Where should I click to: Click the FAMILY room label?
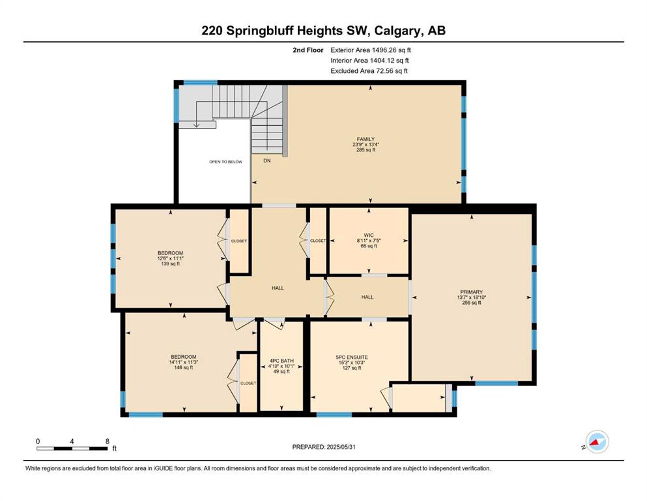pyautogui.click(x=366, y=139)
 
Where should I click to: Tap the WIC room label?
pyautogui.click(x=369, y=235)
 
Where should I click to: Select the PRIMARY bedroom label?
pyautogui.click(x=471, y=292)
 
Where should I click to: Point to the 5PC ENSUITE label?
pyautogui.click(x=352, y=357)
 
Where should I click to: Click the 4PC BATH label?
pyautogui.click(x=281, y=361)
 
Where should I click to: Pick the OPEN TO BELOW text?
pyautogui.click(x=225, y=162)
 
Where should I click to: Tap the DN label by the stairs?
pyautogui.click(x=267, y=160)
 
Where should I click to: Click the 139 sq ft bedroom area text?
pyautogui.click(x=171, y=264)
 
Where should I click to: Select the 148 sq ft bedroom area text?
pyautogui.click(x=184, y=367)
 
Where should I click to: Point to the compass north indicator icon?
pyautogui.click(x=597, y=442)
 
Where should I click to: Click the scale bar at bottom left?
pyautogui.click(x=72, y=448)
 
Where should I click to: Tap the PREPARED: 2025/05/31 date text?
pyautogui.click(x=323, y=447)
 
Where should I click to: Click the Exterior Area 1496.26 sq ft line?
pyautogui.click(x=371, y=50)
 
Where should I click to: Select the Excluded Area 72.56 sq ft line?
pyautogui.click(x=369, y=71)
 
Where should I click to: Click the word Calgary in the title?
pyautogui.click(x=397, y=31)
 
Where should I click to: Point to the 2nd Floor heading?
pyautogui.click(x=308, y=50)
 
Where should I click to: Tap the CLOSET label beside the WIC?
pyautogui.click(x=318, y=241)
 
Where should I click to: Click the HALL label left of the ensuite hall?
pyautogui.click(x=278, y=288)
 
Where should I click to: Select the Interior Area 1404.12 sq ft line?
pyautogui.click(x=369, y=61)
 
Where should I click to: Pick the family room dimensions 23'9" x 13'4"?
pyautogui.click(x=366, y=145)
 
